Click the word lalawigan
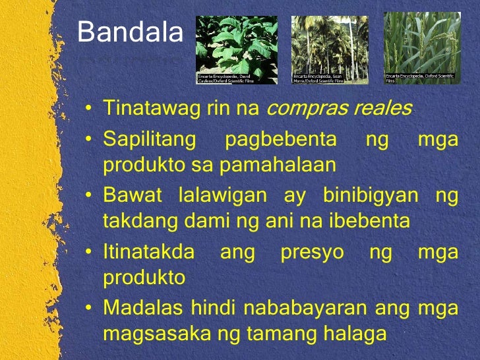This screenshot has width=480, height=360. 222,196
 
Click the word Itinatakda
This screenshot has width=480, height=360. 148,253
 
